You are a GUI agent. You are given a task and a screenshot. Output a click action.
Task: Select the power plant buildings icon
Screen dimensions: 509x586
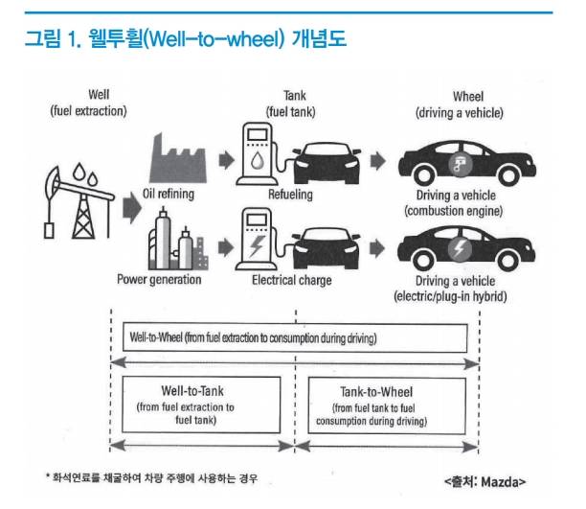(x=175, y=244)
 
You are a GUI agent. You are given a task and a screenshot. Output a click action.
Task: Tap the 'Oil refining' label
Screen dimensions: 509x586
(x=168, y=195)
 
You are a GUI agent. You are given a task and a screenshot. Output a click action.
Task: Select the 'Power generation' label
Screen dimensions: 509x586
(x=159, y=280)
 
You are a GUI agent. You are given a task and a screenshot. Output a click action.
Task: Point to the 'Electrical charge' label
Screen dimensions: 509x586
(x=291, y=280)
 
